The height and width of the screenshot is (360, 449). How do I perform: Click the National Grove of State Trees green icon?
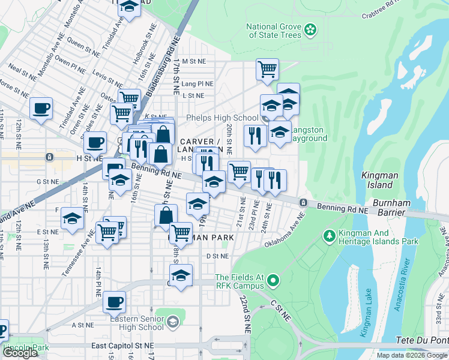coord(310,29)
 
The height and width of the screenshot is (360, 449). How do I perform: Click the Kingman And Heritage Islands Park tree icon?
coord(328,236)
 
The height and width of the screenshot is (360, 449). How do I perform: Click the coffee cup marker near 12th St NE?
coord(41,109)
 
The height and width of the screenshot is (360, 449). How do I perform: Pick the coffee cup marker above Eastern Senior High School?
coord(113,302)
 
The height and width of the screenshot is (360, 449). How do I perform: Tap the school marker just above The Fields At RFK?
coord(180,275)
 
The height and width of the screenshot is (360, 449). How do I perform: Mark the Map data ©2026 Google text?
coord(411,355)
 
